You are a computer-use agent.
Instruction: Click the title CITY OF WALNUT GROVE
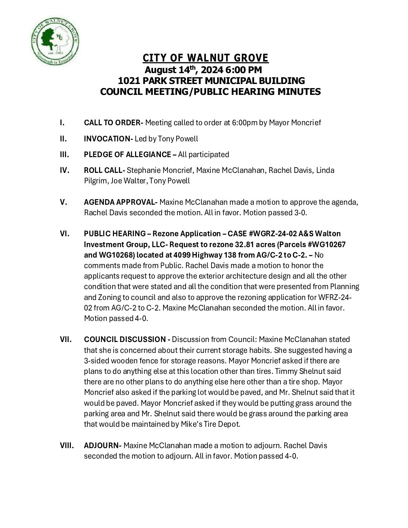click(205, 58)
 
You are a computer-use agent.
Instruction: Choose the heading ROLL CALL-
click(104, 170)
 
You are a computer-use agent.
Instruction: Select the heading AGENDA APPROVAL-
click(120, 202)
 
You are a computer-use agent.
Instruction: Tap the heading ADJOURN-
click(102, 445)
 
